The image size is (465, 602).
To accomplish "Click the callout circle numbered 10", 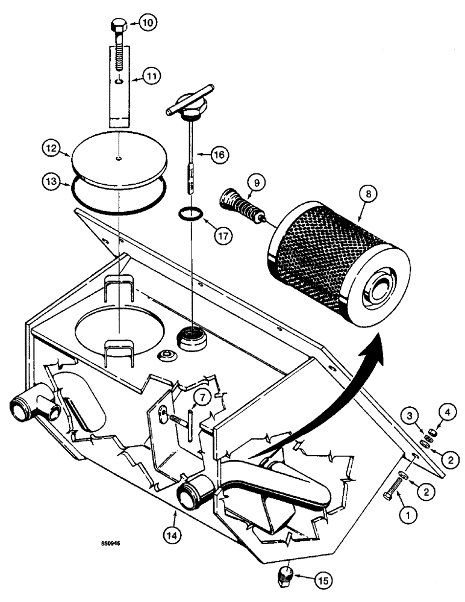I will [x=148, y=22].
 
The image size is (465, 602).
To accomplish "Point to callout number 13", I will [x=51, y=179].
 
